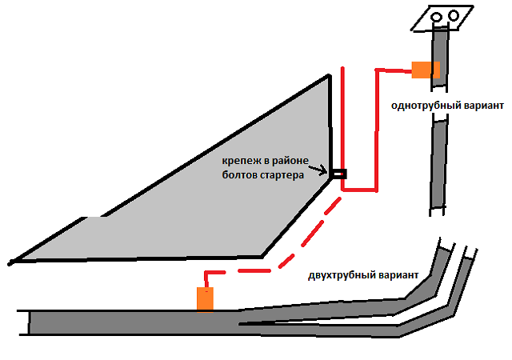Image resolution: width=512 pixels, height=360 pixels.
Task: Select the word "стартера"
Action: point(280,175)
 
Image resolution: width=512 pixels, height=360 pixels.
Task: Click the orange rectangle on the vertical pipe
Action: point(426,70)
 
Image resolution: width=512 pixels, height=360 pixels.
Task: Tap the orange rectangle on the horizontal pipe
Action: point(206,299)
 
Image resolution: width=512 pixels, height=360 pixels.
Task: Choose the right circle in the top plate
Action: point(453,14)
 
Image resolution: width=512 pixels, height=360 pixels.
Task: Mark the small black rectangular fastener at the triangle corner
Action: point(339,173)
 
